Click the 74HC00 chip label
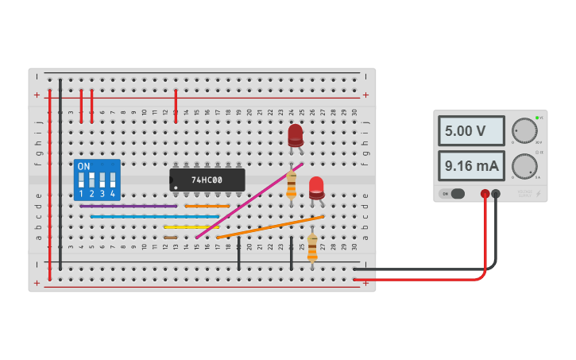tap(207, 180)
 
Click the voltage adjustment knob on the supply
tap(524, 130)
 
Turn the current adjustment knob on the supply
tap(524, 166)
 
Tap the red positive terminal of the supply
tap(485, 193)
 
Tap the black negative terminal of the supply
tap(496, 193)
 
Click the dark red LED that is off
tap(296, 134)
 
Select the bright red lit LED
tap(316, 188)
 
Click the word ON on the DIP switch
tap(83, 167)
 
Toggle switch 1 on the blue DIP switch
tap(81, 181)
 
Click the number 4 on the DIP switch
tap(112, 194)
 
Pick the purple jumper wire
tap(128, 206)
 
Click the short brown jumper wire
tap(170, 237)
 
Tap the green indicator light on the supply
tap(537, 118)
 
